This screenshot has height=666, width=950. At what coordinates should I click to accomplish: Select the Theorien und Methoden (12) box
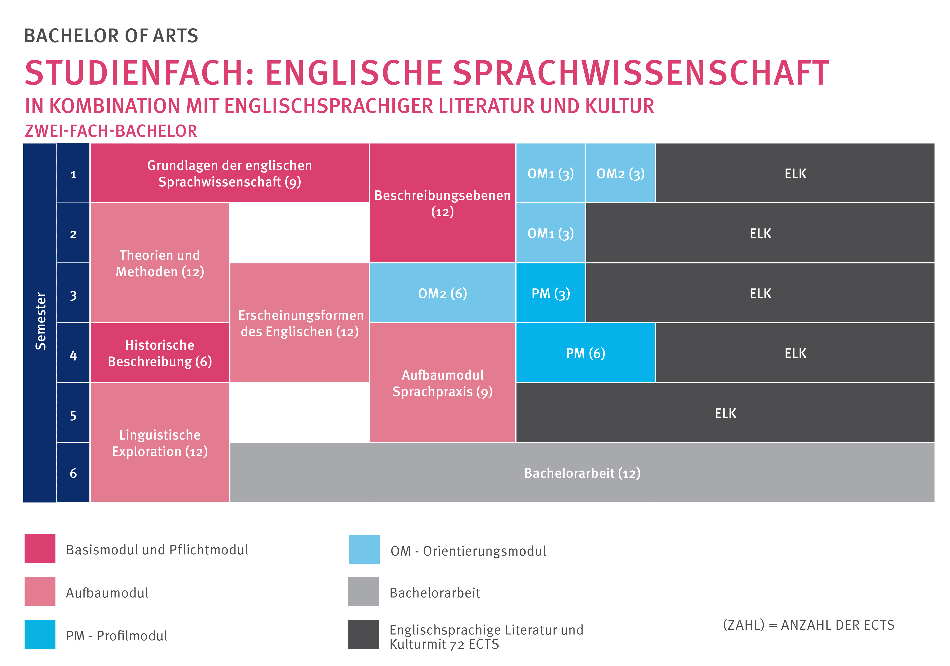160,263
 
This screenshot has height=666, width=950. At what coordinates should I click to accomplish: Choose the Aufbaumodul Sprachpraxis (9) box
442,383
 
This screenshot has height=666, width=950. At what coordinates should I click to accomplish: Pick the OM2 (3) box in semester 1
620,173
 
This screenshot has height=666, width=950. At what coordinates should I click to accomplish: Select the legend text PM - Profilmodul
117,635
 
